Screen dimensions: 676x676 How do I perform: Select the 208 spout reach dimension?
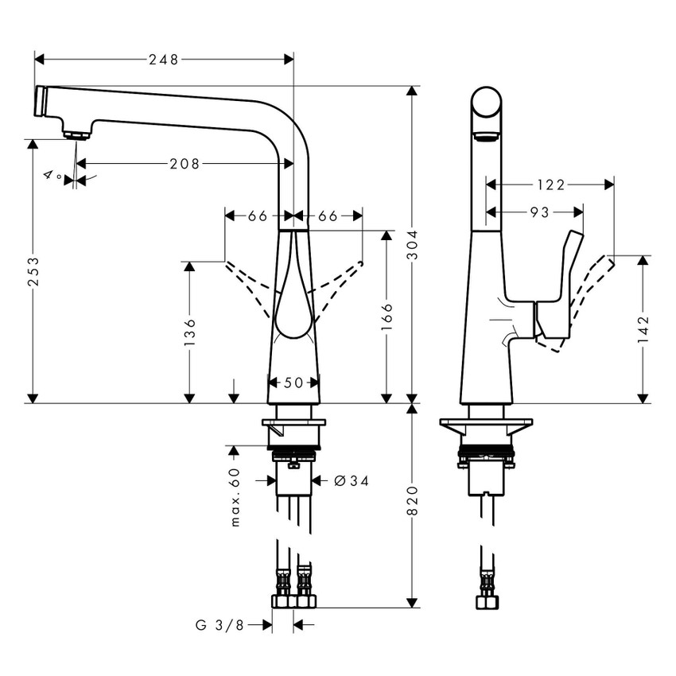pos(185,164)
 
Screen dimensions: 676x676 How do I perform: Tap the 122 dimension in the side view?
pos(550,185)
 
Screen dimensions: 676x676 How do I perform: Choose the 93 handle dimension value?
pos(539,212)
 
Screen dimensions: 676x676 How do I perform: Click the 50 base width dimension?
pos(293,383)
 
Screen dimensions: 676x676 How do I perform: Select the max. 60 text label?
pos(234,497)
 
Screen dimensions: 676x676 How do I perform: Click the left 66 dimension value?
pos(257,216)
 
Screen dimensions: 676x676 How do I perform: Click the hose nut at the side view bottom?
pos(486,602)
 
